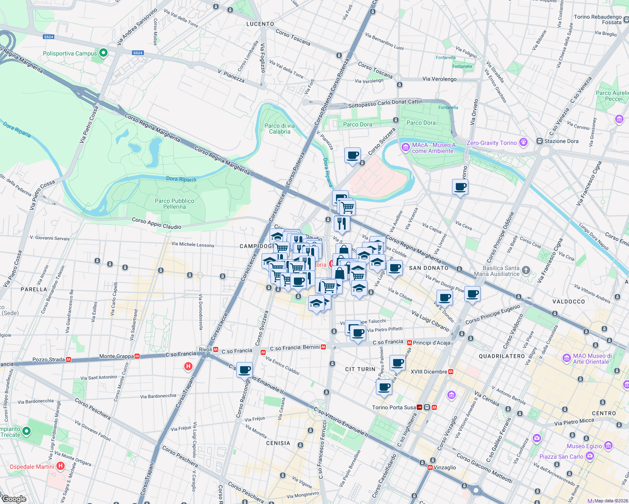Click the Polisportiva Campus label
[70, 53]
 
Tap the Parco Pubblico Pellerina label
[174, 204]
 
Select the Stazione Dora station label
[561, 141]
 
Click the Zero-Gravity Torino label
[492, 143]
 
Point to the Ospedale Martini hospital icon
[61, 466]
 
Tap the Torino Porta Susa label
[394, 407]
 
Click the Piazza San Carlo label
[561, 457]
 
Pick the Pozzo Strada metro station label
[48, 360]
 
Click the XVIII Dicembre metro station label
[429, 372]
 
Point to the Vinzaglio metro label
[444, 467]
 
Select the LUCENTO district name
[260, 24]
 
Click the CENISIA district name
[278, 443]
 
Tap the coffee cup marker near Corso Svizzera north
[353, 155]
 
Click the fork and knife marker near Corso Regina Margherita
[342, 223]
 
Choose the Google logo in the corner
[13, 499]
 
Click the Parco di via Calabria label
[280, 129]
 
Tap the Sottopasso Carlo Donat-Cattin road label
[385, 103]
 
